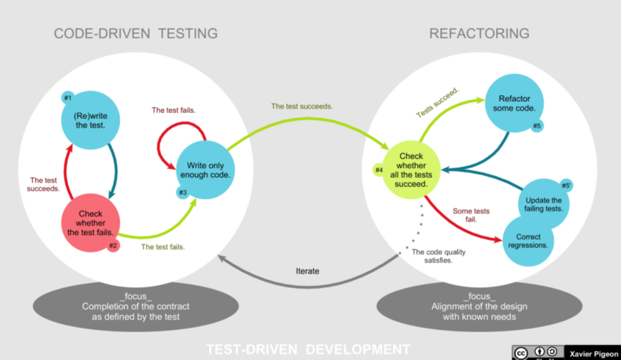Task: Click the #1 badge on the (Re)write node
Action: (68, 97)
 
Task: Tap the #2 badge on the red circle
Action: (113, 246)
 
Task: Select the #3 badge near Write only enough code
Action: (183, 193)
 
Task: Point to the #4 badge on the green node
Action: (379, 170)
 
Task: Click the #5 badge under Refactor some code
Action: (537, 126)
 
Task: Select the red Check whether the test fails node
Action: (91, 223)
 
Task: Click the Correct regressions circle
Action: (528, 241)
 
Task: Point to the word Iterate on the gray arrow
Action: (307, 271)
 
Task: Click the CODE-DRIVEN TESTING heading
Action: (136, 34)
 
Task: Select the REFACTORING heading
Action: (479, 34)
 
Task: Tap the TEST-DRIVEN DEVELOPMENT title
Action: (308, 349)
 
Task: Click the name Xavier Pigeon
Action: (594, 353)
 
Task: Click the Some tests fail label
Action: (471, 215)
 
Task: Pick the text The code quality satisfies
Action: (438, 255)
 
